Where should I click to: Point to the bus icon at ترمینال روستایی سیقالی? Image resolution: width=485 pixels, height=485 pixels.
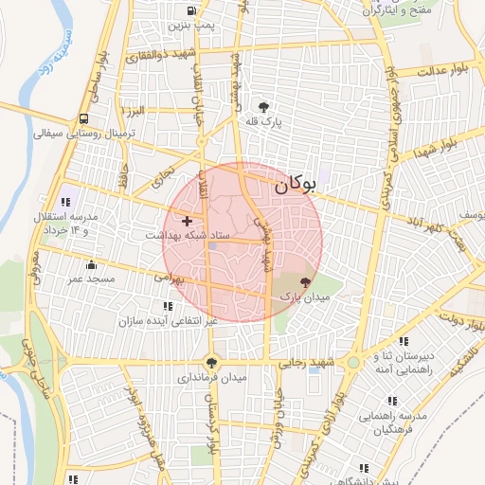click(x=84, y=119)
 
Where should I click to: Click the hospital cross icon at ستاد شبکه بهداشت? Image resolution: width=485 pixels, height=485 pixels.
click(x=187, y=220)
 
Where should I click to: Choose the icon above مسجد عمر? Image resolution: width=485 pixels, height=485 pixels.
click(x=91, y=265)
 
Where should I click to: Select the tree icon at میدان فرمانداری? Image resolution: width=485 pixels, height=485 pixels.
click(x=211, y=361)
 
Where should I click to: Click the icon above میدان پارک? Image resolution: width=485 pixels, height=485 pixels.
click(x=305, y=282)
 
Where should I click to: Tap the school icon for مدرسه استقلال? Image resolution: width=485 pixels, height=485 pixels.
click(x=65, y=202)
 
